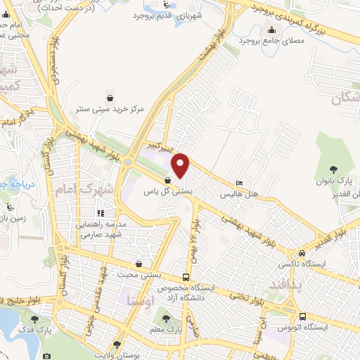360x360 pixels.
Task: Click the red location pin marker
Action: click(x=181, y=165)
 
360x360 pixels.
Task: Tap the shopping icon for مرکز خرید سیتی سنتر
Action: click(x=110, y=96)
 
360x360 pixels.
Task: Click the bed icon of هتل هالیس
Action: click(x=240, y=180)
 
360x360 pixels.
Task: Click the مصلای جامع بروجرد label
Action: click(x=272, y=39)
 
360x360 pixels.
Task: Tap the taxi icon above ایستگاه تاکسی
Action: click(x=302, y=252)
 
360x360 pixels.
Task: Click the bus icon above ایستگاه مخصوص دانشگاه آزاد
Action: click(x=186, y=277)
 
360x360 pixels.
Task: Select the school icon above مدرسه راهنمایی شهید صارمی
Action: click(x=101, y=212)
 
